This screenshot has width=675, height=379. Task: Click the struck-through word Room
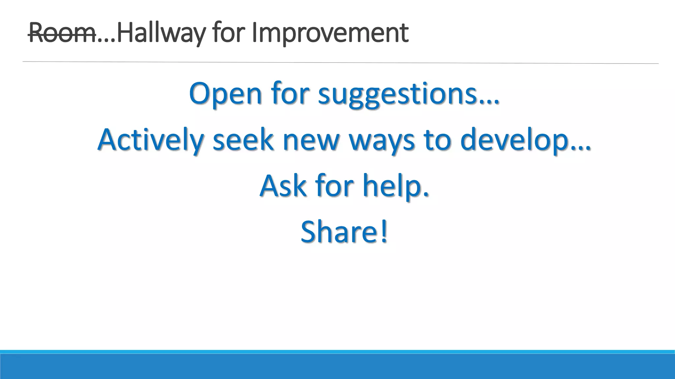pos(62,33)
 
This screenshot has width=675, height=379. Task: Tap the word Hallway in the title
pos(161,33)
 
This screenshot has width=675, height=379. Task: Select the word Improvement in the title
pos(330,33)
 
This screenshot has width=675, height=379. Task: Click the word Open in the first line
pos(225,94)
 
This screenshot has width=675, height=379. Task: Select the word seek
pos(243,140)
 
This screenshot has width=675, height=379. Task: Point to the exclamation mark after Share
pos(383,232)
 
